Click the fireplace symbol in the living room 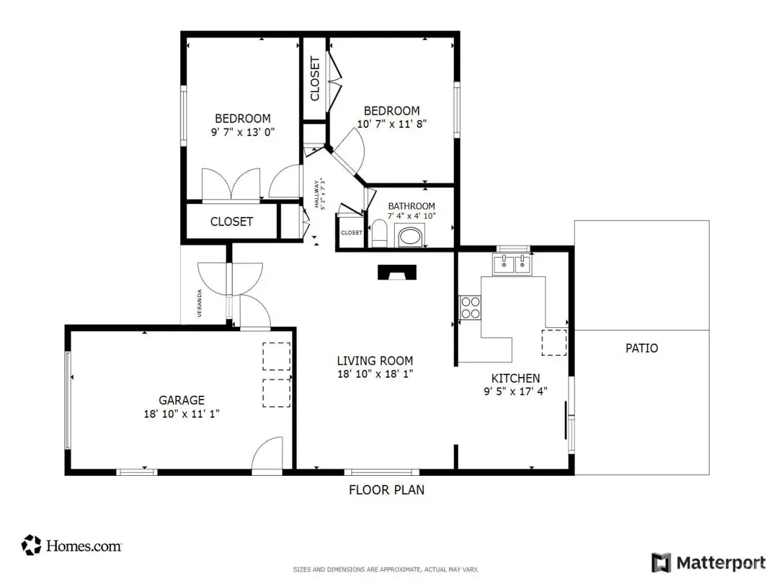click(397, 272)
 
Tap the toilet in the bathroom click(379, 233)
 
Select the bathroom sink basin click(409, 237)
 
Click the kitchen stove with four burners click(470, 308)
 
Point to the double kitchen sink click(512, 265)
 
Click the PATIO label click(641, 348)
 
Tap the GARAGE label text click(181, 400)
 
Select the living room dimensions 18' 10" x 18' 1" click(375, 374)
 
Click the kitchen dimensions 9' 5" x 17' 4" click(515, 391)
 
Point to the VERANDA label click(199, 303)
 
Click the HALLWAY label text click(317, 194)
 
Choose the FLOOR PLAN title click(386, 489)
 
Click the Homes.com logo click(72, 545)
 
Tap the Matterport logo click(708, 563)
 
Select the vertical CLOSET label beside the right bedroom click(315, 79)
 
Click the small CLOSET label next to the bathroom click(352, 233)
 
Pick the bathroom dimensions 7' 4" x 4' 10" click(412, 216)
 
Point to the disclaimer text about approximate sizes click(386, 569)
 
